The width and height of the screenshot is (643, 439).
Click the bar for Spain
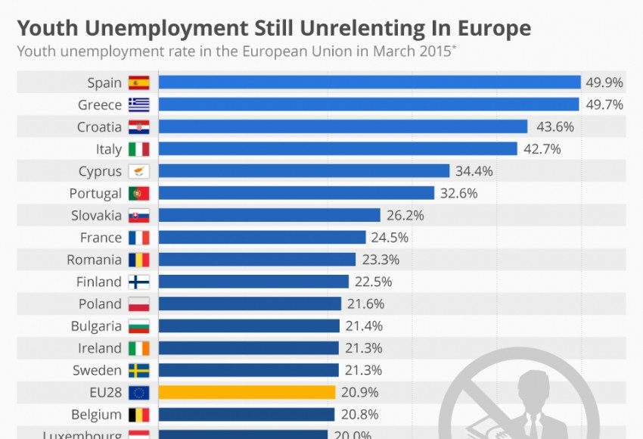(x=369, y=83)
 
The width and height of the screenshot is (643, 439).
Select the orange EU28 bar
(x=247, y=392)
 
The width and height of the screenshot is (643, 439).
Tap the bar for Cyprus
(x=304, y=171)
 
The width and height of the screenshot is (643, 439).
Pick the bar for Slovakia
(x=269, y=216)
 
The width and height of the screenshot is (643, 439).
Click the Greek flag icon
(x=138, y=104)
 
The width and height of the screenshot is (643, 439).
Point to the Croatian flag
(x=138, y=127)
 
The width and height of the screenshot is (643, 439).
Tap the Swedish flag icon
(x=138, y=370)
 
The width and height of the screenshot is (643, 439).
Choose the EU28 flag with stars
(x=138, y=392)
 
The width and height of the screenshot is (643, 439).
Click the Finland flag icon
(x=138, y=282)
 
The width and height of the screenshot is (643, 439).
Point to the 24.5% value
(x=390, y=238)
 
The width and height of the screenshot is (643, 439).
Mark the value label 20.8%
(x=359, y=415)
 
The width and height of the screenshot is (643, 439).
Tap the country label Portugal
(x=95, y=194)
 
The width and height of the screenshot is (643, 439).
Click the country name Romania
(x=94, y=260)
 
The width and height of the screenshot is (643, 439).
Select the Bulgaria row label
(x=96, y=326)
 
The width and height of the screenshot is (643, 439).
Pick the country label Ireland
(x=99, y=348)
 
